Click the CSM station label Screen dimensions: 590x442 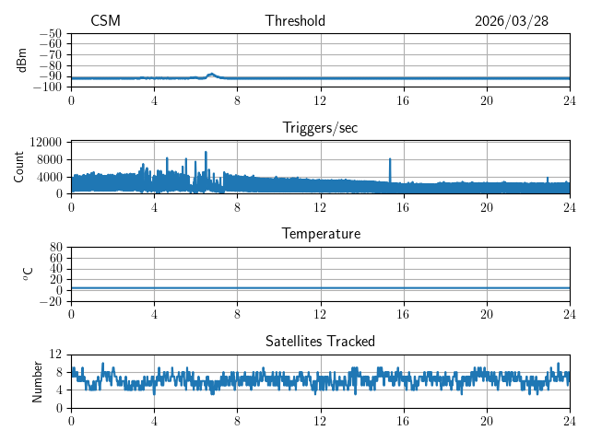(105, 20)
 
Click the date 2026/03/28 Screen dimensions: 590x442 (512, 21)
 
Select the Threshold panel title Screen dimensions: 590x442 (295, 20)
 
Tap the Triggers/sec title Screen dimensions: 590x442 (320, 128)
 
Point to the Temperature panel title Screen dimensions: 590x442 (321, 234)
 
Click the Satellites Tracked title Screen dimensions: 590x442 (320, 342)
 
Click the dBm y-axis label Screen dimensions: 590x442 (22, 60)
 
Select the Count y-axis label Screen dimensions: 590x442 (18, 168)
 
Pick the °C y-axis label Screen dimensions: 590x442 (28, 274)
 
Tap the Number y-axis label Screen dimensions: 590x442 (37, 382)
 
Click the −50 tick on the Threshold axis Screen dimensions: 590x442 (51, 34)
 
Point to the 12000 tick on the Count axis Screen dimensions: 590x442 (45, 142)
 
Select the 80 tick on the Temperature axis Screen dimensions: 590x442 (55, 248)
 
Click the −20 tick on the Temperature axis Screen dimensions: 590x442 (51, 301)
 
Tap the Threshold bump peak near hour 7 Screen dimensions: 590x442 (211, 74)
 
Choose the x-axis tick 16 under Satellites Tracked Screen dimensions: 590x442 (403, 421)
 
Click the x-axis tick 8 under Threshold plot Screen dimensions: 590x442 (237, 100)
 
